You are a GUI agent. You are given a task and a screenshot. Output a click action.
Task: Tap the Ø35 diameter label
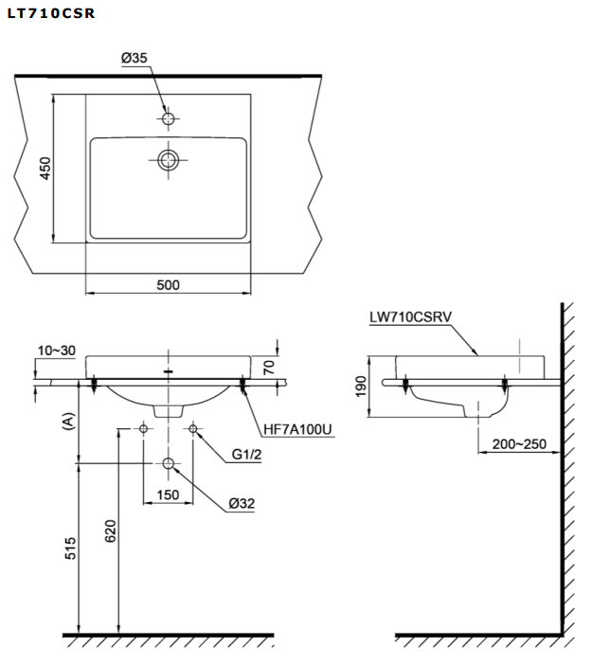[x=134, y=58]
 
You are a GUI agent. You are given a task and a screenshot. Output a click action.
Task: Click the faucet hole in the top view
[x=169, y=118]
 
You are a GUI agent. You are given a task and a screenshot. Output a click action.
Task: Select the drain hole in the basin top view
[x=169, y=159]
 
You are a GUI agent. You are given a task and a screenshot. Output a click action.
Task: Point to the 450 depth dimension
[x=44, y=168]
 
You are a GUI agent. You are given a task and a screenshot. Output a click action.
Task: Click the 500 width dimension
[x=169, y=284]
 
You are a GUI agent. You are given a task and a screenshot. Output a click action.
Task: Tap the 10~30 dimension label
[x=57, y=350]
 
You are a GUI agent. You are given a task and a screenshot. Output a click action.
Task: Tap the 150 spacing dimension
[x=169, y=494]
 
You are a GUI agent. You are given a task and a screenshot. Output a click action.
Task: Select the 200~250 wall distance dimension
[x=517, y=443]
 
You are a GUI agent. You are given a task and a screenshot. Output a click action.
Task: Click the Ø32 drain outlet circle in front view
[x=169, y=463]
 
